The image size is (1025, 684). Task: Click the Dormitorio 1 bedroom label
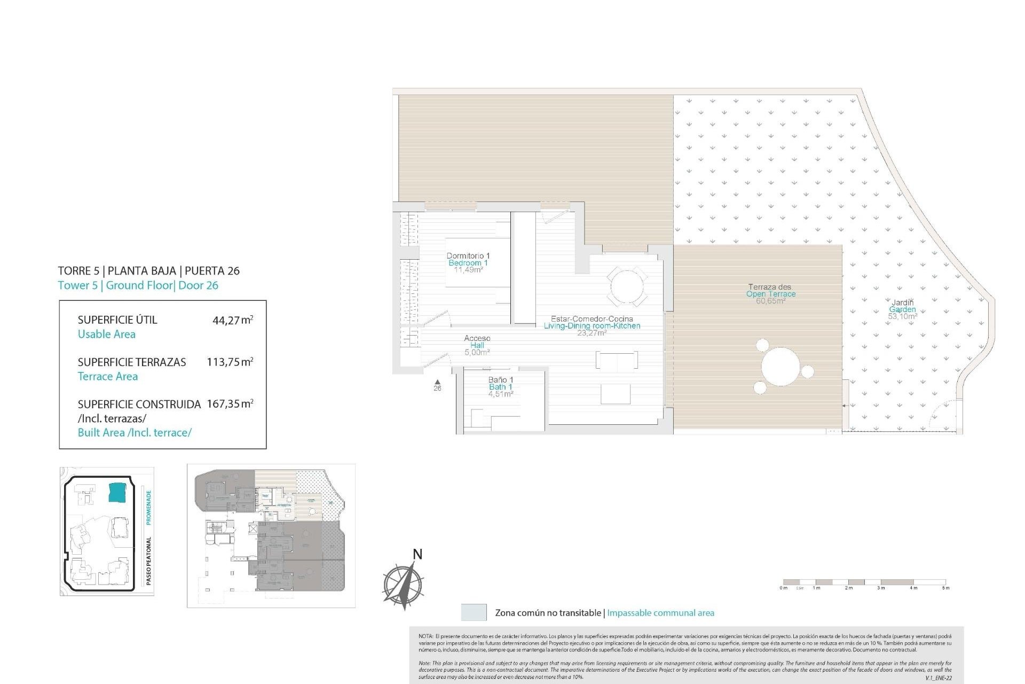coord(468,256)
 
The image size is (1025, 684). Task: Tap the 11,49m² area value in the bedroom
coord(468,270)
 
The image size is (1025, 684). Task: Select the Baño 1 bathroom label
coord(500,380)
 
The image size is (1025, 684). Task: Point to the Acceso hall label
coord(477,338)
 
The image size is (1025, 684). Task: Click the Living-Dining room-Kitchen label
coord(592,326)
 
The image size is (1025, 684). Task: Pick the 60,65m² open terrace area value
coord(770,301)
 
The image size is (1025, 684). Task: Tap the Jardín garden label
coord(902,302)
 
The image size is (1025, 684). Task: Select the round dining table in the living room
coord(627,287)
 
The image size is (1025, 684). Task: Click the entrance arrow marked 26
coord(437,382)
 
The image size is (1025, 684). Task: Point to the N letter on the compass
coord(417,555)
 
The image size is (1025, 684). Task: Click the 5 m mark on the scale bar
coord(945,588)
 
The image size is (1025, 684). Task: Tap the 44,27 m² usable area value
coord(232,320)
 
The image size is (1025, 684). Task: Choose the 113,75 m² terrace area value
coord(230,362)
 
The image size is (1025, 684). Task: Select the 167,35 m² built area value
coord(230,404)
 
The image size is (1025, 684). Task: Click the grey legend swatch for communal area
coord(474,612)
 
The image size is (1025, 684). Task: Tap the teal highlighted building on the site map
coord(117,492)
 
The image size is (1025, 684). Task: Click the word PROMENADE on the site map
coord(149,507)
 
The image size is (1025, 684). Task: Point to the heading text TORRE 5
coord(78,271)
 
